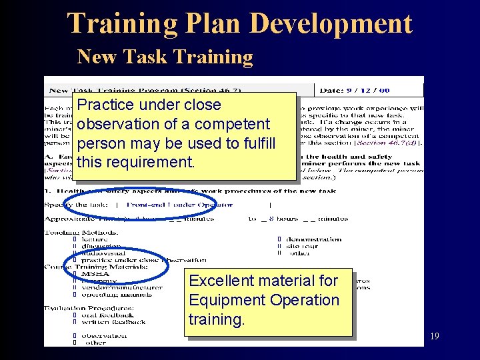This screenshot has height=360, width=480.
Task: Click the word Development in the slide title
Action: [x=331, y=24]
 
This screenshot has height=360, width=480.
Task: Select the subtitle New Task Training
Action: [x=165, y=57]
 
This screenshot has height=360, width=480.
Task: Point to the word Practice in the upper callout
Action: [x=104, y=105]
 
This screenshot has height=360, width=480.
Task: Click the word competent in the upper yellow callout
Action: [x=233, y=124]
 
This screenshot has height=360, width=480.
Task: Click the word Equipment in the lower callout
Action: [x=226, y=300]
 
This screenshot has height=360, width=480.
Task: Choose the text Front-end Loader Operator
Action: [x=180, y=205]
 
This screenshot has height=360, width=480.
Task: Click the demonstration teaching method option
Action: [x=313, y=239]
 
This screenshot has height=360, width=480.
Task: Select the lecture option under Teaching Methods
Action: [x=95, y=239]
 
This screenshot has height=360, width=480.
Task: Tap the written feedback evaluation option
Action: [x=113, y=322]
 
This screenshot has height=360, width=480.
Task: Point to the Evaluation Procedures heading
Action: [x=88, y=308]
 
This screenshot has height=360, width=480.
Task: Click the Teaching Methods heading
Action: [x=73, y=232]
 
